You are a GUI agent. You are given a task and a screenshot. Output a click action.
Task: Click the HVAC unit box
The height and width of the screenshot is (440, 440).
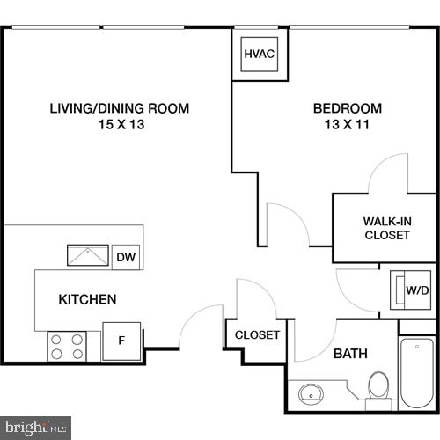pyautogui.click(x=260, y=55)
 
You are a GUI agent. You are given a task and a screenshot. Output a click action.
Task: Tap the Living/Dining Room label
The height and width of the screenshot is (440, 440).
pyautogui.click(x=119, y=109)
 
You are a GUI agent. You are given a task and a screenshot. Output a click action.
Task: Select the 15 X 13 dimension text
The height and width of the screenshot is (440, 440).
pyautogui.click(x=119, y=125)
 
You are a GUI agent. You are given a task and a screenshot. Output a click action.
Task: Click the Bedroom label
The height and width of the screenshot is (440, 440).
pyautogui.click(x=348, y=109)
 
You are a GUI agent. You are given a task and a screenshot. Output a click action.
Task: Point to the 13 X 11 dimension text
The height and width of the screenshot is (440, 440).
pyautogui.click(x=348, y=125)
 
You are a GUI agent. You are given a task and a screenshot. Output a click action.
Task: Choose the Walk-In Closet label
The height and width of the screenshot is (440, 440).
pyautogui.click(x=386, y=228)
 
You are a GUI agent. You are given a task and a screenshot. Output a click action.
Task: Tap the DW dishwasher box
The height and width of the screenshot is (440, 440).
pyautogui.click(x=126, y=257)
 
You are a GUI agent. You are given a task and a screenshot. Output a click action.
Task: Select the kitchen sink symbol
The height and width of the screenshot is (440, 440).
pyautogui.click(x=89, y=256)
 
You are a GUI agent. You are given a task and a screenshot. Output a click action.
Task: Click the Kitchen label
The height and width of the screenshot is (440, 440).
pyautogui.click(x=87, y=300)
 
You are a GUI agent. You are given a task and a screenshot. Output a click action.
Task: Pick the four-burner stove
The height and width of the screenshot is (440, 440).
pyautogui.click(x=67, y=346)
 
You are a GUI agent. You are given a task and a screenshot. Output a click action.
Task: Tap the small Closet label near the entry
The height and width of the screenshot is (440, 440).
pyautogui.click(x=257, y=335)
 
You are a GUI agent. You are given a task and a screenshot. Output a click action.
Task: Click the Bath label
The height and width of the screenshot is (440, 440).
pyautogui.click(x=350, y=354)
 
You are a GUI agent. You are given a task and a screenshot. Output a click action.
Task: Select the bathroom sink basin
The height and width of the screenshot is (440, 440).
pyautogui.click(x=311, y=392)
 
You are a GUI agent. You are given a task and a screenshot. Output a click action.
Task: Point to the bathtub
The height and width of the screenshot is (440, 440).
pyautogui.click(x=417, y=373)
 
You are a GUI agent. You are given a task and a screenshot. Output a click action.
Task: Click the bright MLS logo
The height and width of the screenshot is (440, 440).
pyautogui.click(x=35, y=429)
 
